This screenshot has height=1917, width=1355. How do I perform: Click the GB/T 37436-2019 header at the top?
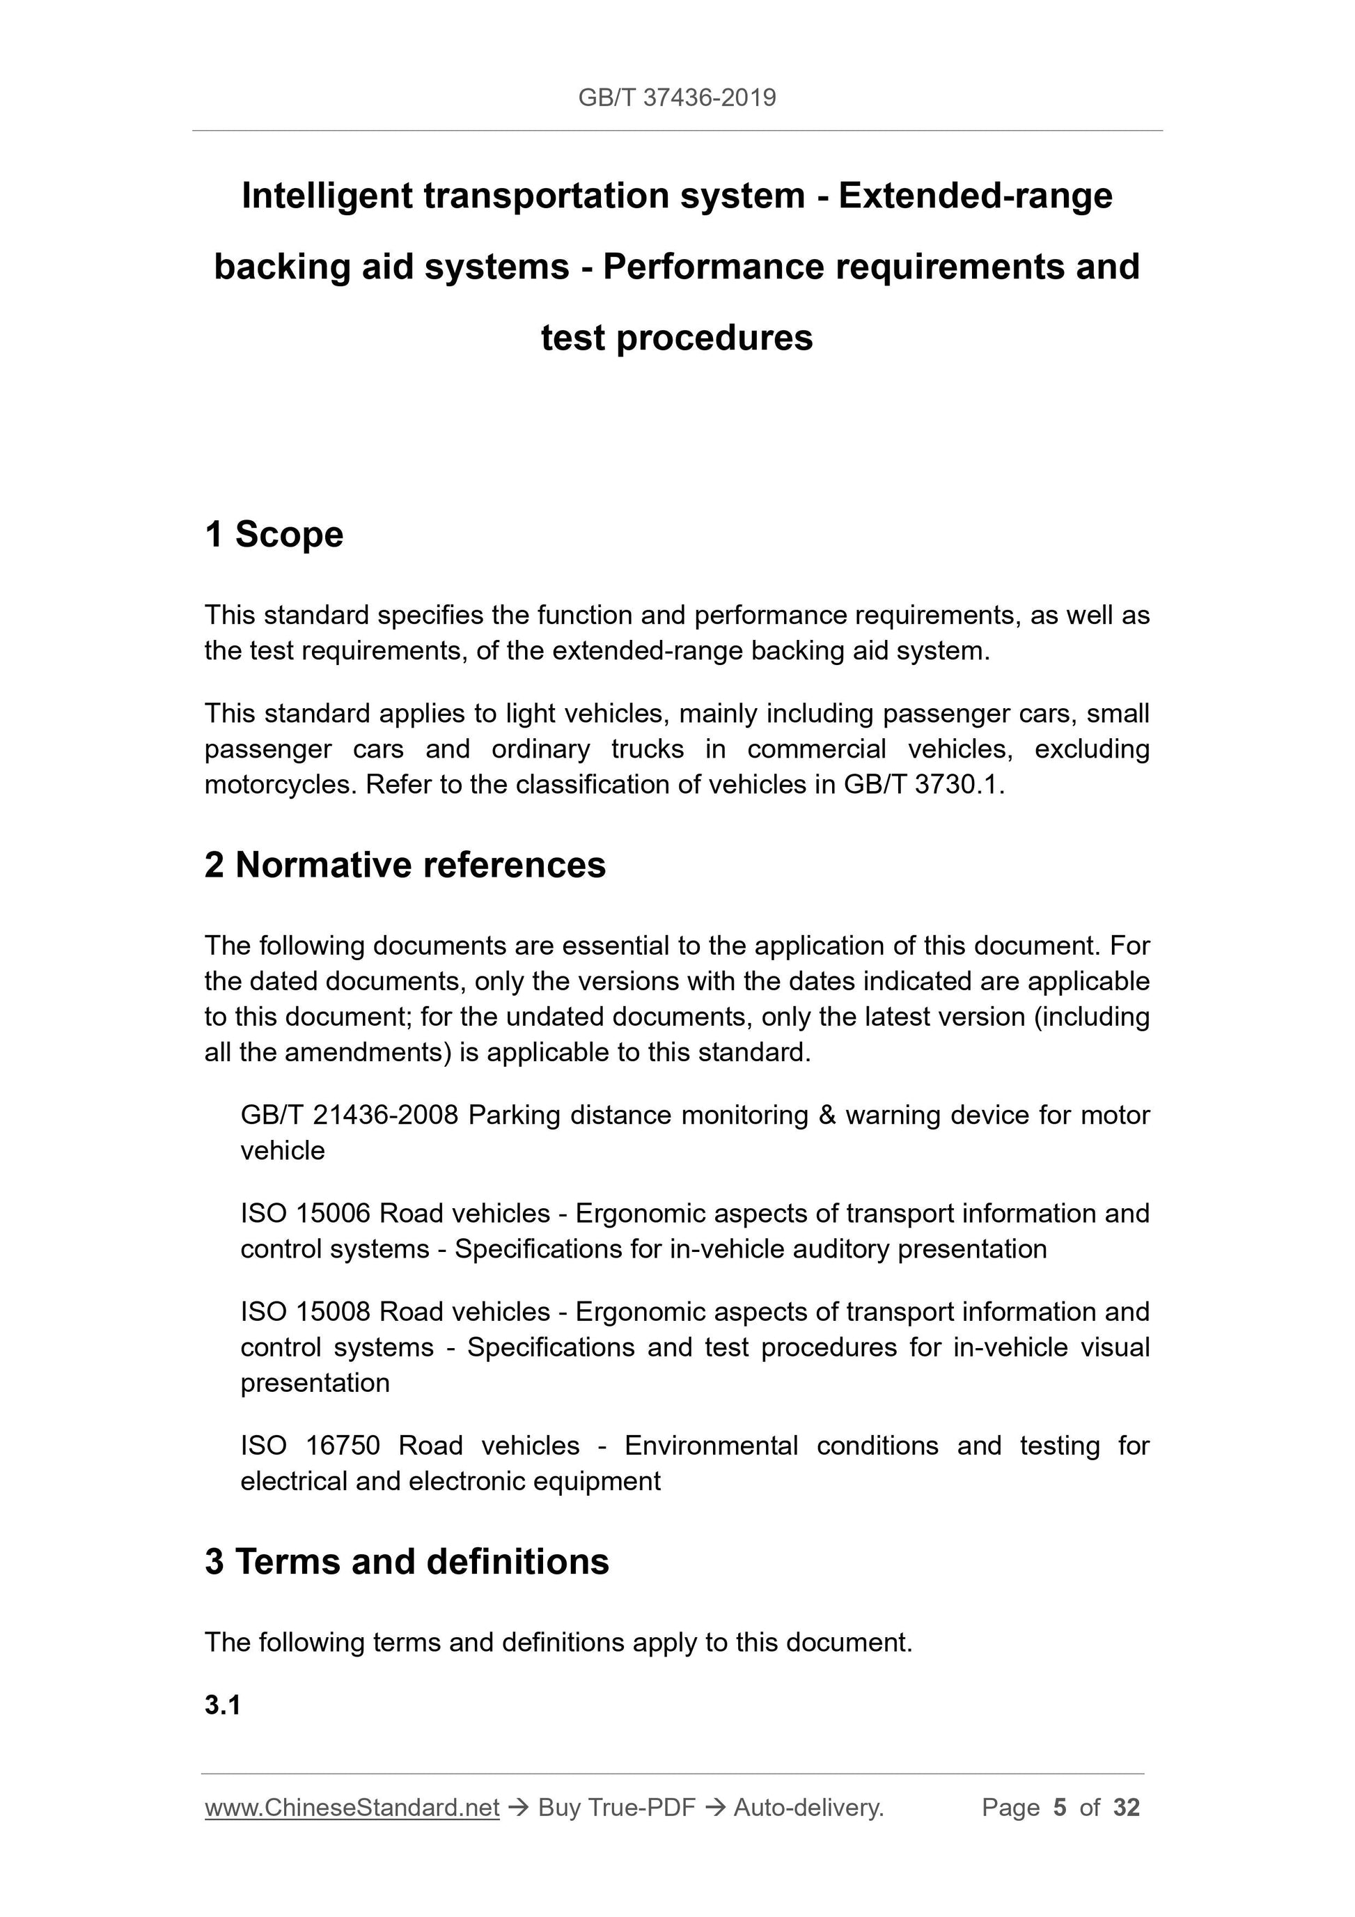click(x=676, y=97)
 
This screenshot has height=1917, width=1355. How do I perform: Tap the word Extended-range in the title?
click(x=975, y=196)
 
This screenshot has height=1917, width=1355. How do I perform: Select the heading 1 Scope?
click(x=274, y=534)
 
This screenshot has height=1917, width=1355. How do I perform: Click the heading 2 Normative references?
click(x=405, y=865)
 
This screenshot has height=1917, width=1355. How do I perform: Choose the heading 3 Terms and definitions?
click(x=407, y=1561)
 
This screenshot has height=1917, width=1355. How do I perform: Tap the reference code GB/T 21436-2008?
click(x=349, y=1116)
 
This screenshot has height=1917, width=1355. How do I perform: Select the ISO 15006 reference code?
click(x=305, y=1213)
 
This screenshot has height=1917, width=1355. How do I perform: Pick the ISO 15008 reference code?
click(x=305, y=1312)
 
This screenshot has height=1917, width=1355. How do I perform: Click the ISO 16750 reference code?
click(x=310, y=1446)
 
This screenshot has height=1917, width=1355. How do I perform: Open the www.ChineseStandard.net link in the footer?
click(x=352, y=1808)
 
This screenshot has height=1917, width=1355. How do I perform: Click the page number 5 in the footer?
click(x=1060, y=1808)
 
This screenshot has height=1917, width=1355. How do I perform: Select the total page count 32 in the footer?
click(x=1126, y=1808)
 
